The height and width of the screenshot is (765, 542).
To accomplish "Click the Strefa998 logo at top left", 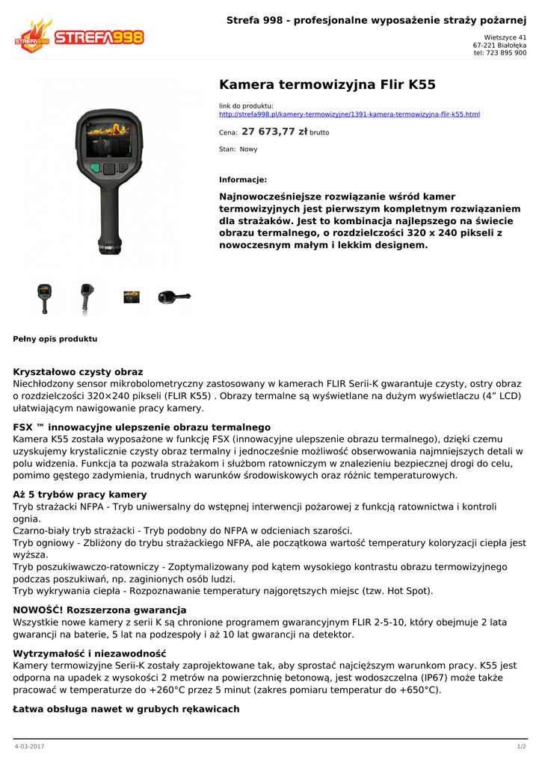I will (78, 37).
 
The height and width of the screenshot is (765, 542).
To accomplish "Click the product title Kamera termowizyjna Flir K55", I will (327, 84).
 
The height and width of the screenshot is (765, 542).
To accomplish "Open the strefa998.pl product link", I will (349, 114).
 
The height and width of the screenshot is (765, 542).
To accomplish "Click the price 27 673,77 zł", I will (274, 131).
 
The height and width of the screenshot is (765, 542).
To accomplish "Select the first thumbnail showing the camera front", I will (44, 297).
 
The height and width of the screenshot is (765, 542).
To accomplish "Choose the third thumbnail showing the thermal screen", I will (132, 297).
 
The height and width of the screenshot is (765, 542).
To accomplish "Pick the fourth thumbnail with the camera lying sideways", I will (174, 297).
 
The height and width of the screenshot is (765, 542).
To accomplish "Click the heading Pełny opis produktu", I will (55, 339).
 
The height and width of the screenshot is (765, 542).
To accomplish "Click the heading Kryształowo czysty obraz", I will (78, 371).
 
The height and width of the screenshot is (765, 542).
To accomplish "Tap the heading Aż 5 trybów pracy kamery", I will (80, 495).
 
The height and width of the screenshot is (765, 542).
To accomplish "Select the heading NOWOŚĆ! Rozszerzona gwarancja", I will (99, 610).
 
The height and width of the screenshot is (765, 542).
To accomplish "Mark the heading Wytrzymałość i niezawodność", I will (90, 654).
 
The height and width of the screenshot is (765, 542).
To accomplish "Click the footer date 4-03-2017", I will (29, 746).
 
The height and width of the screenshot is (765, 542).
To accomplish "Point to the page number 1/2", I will (522, 746).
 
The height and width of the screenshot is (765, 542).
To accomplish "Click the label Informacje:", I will (243, 180).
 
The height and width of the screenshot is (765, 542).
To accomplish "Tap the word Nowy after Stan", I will (248, 149).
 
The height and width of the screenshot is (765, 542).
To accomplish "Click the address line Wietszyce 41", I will (505, 37).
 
